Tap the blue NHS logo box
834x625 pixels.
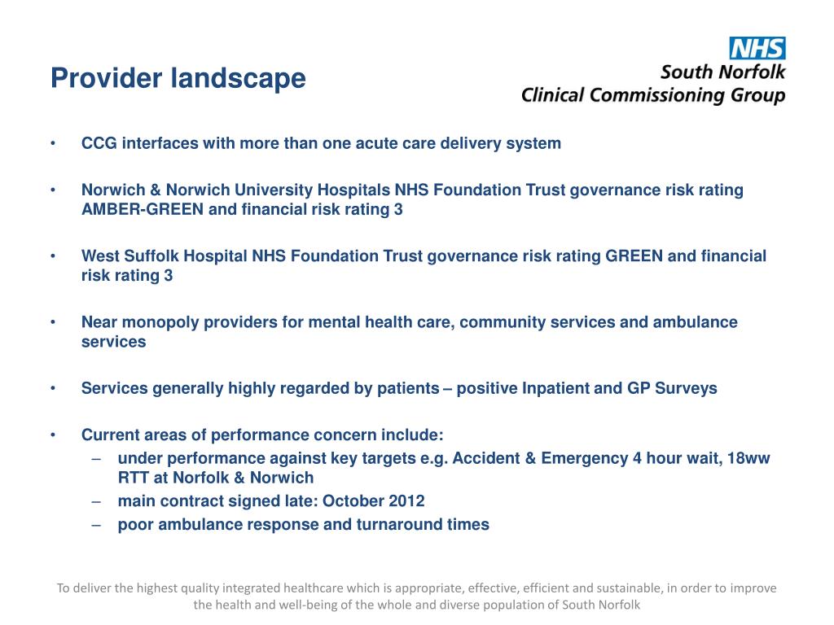point(757,47)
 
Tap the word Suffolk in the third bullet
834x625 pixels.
point(152,256)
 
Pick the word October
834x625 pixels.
point(353,501)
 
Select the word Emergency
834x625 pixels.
point(583,458)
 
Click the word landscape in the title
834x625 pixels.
point(239,79)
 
